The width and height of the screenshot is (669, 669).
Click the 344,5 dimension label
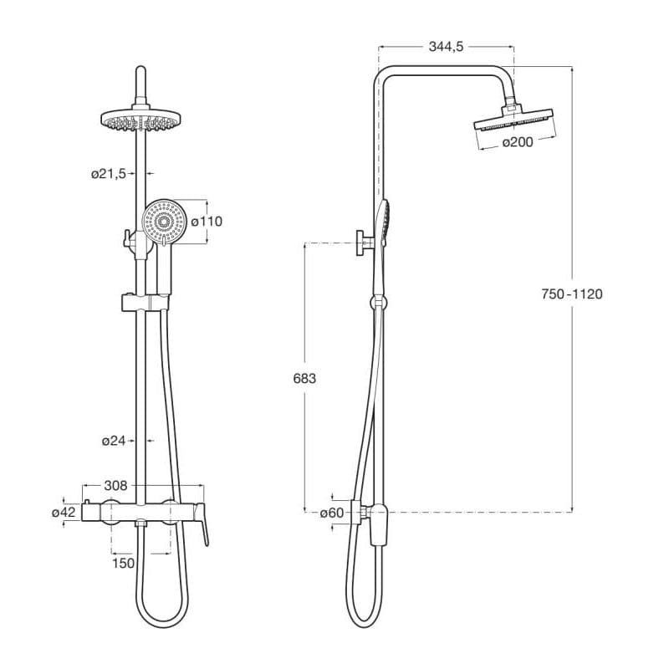pyautogui.click(x=446, y=47)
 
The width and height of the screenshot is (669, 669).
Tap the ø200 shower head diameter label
pyautogui.click(x=518, y=142)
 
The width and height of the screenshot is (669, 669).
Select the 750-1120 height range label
pyautogui.click(x=572, y=294)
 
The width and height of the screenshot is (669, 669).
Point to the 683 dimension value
pyautogui.click(x=304, y=379)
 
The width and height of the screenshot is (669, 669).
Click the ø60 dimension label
pyautogui.click(x=332, y=513)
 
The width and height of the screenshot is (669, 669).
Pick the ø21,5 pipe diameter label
pyautogui.click(x=109, y=174)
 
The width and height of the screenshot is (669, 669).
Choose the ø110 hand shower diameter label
pyautogui.click(x=207, y=222)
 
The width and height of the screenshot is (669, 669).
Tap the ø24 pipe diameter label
pyautogui.click(x=114, y=441)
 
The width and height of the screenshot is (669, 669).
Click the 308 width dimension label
pyautogui.click(x=115, y=486)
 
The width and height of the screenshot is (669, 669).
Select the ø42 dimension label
pyautogui.click(x=64, y=512)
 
